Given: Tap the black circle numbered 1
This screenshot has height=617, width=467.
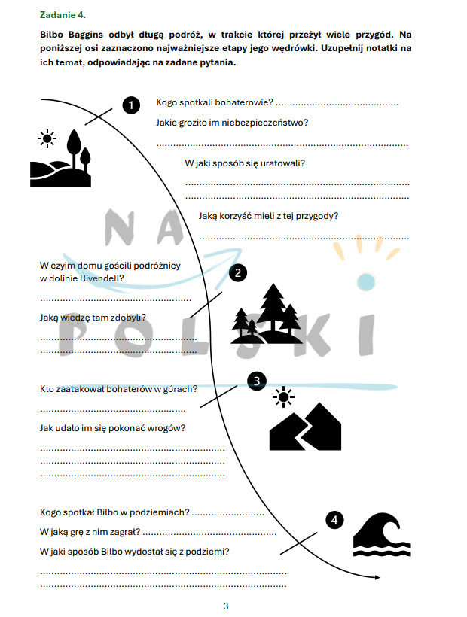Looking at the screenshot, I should pyautogui.click(x=131, y=105).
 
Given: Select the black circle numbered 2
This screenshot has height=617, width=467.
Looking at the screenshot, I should pyautogui.click(x=237, y=273).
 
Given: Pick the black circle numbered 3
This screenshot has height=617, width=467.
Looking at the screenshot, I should pyautogui.click(x=257, y=381).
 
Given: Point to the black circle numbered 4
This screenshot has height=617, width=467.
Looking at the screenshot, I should pyautogui.click(x=334, y=520).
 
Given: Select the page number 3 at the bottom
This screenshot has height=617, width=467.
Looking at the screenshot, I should pyautogui.click(x=225, y=606).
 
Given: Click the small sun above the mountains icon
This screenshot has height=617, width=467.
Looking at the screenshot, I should pyautogui.click(x=283, y=397).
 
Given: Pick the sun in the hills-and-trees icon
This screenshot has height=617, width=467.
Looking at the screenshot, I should pyautogui.click(x=47, y=138).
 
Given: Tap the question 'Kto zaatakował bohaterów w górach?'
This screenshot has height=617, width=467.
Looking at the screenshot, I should pyautogui.click(x=118, y=389).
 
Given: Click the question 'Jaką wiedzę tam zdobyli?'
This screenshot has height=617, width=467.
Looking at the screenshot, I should pyautogui.click(x=93, y=318).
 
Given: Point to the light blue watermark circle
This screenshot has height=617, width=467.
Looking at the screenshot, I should pyautogui.click(x=365, y=281).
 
